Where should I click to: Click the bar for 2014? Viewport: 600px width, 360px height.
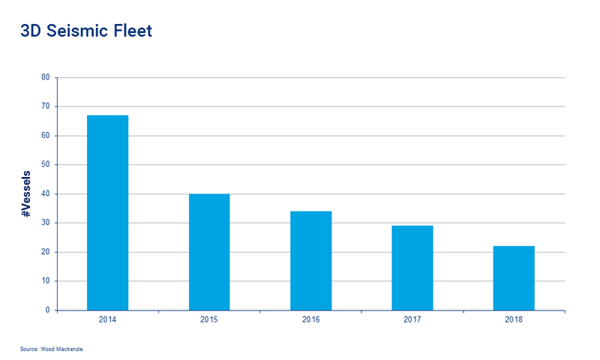click(x=107, y=212)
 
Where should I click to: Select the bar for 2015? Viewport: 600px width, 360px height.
click(x=209, y=252)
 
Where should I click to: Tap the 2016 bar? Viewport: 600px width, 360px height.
click(x=311, y=260)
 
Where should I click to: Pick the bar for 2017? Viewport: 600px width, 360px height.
click(x=412, y=268)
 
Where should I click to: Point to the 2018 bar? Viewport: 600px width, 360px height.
click(x=514, y=277)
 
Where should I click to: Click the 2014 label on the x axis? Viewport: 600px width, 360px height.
click(x=107, y=319)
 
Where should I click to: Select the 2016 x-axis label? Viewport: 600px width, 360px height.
click(x=311, y=319)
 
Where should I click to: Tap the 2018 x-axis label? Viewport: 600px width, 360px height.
click(x=514, y=319)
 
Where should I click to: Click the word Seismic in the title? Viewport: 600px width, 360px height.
click(x=82, y=32)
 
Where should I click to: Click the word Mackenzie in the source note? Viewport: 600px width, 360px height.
click(x=76, y=349)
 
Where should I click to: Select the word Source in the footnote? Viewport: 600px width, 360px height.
click(x=29, y=349)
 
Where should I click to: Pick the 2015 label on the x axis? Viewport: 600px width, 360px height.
click(x=209, y=319)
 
